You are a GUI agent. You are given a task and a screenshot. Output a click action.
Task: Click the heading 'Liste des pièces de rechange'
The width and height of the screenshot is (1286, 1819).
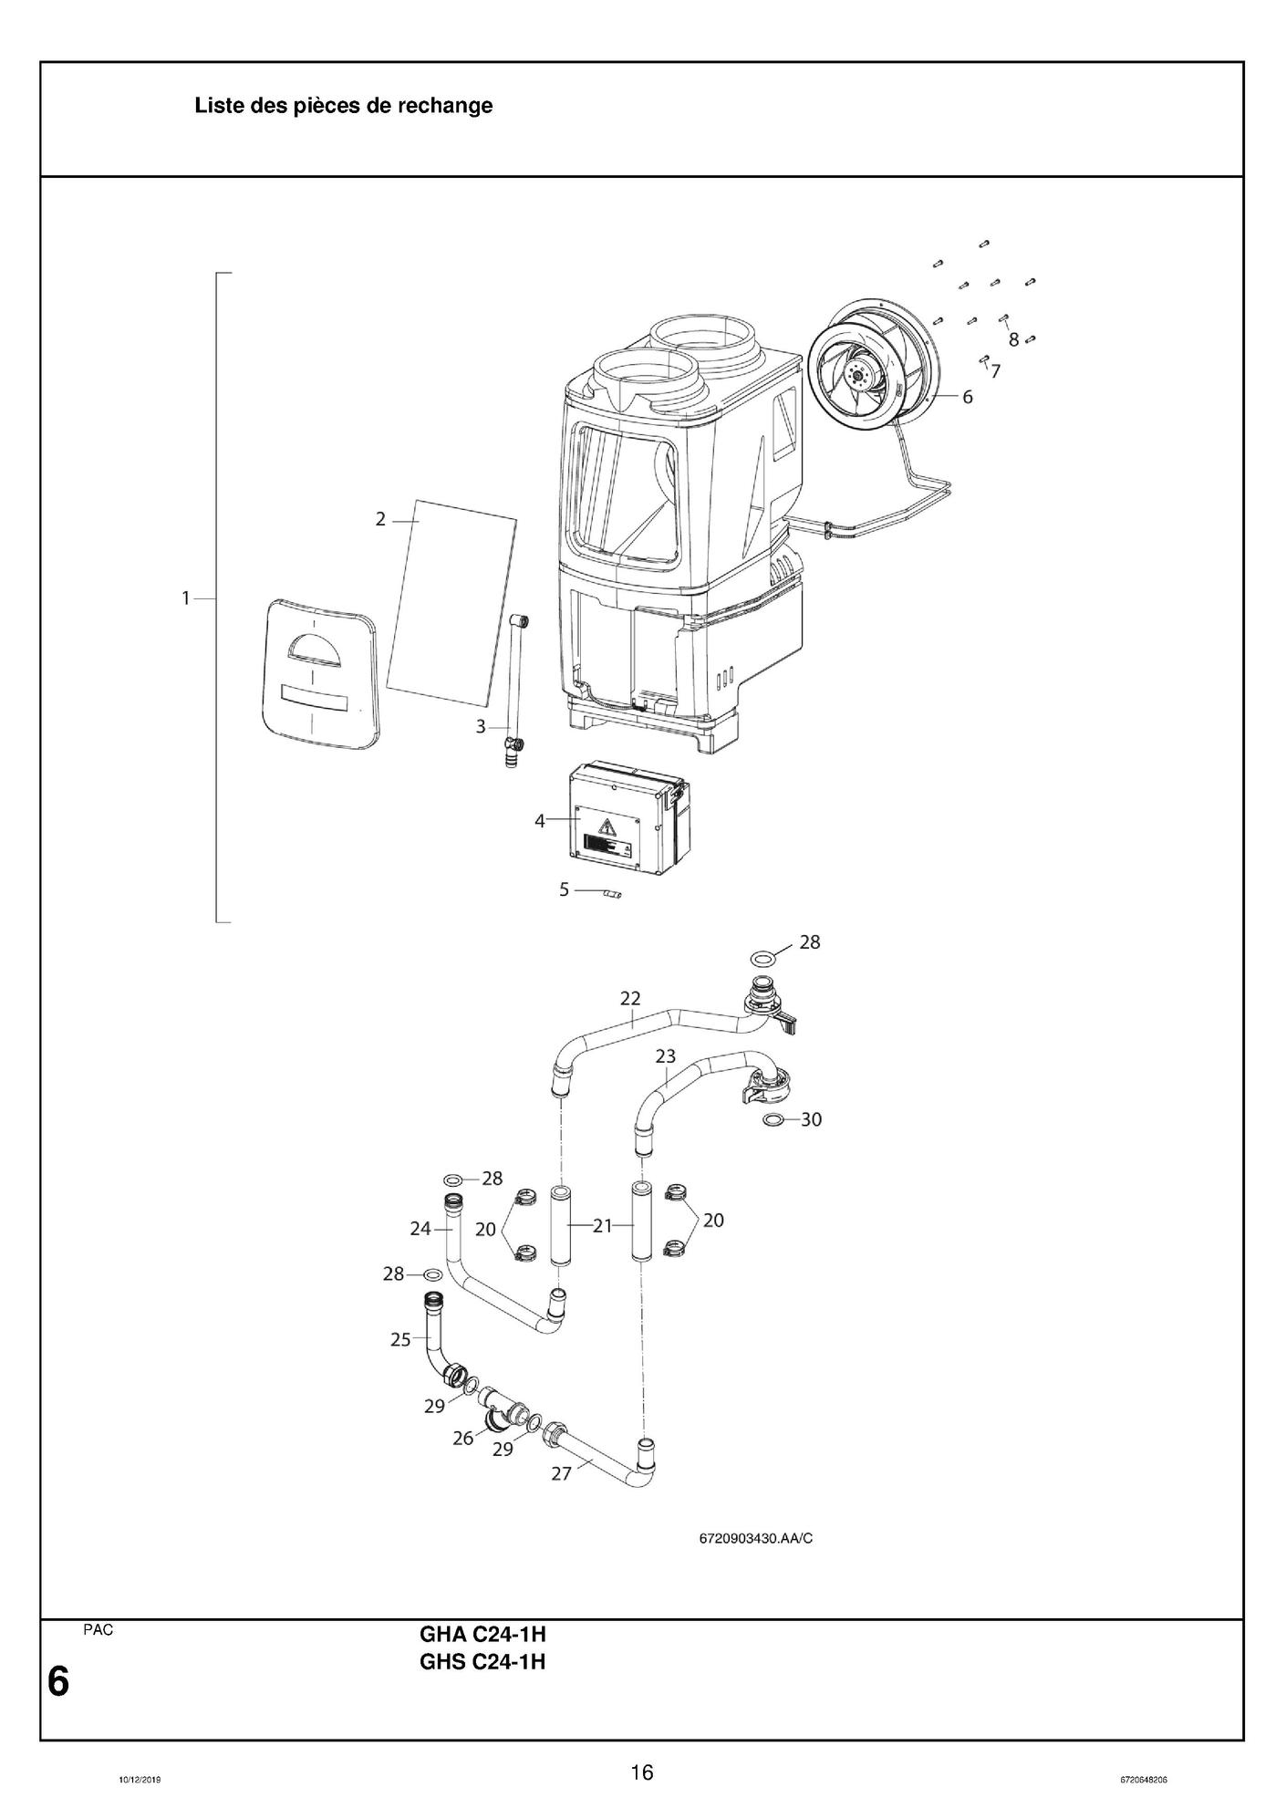point(343,106)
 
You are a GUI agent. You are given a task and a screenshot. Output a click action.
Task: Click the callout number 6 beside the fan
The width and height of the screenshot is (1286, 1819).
point(967,397)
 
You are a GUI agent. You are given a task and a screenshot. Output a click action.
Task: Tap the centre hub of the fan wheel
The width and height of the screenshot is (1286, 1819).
point(858,374)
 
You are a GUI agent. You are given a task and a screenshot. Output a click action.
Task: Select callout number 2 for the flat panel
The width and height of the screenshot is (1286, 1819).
point(380,519)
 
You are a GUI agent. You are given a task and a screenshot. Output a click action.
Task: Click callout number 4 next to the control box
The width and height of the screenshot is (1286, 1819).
point(540,821)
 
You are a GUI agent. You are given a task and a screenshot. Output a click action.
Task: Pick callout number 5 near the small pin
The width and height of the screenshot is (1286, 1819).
point(565,889)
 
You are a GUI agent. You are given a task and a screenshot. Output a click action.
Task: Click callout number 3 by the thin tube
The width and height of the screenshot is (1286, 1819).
point(481,727)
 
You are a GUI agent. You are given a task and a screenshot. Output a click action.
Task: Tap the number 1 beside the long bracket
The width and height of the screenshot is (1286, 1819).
point(185,598)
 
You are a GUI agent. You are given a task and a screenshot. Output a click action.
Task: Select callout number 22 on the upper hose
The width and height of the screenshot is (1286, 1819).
point(630,999)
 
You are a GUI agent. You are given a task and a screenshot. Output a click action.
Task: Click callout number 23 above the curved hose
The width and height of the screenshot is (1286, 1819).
point(666,1056)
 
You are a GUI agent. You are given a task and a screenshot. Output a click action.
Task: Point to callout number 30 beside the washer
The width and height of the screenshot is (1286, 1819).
point(811,1119)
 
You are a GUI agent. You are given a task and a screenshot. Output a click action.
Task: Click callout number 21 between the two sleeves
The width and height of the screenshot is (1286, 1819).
point(602,1226)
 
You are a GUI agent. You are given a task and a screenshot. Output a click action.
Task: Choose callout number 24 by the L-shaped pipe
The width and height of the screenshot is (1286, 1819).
point(420,1229)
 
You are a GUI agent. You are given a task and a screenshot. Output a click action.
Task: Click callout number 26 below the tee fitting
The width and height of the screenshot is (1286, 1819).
point(463,1439)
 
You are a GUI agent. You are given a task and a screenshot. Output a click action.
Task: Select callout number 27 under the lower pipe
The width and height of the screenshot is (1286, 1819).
point(562,1473)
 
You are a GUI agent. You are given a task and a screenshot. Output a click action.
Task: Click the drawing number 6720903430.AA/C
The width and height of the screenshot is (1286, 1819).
point(755,1539)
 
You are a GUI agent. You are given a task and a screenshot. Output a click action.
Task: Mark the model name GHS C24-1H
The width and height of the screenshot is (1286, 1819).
point(482,1662)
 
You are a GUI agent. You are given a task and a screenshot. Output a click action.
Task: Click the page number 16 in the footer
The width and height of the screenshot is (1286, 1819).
point(642,1772)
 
